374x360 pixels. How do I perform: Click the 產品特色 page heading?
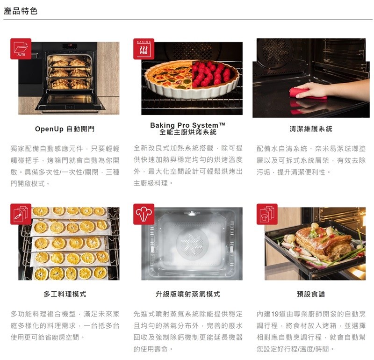(x=21, y=11)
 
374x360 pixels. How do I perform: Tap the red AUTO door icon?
(x=21, y=49)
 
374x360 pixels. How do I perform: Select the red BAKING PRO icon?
(x=144, y=49)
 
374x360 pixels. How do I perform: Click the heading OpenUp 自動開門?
(x=65, y=129)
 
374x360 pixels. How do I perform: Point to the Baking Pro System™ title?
(x=188, y=125)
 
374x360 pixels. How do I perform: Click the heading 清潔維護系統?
(x=311, y=129)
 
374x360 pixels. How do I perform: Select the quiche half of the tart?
(x=168, y=77)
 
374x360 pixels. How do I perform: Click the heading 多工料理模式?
(x=65, y=294)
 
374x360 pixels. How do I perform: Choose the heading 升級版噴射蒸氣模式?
(x=188, y=294)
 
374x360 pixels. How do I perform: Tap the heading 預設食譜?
(x=311, y=294)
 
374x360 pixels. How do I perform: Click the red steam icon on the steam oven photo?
(x=144, y=214)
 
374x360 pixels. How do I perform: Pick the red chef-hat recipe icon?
(x=267, y=214)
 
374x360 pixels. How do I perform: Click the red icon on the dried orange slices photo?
(x=21, y=214)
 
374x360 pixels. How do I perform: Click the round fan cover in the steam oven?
(x=192, y=243)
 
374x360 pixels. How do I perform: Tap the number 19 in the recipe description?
(x=275, y=314)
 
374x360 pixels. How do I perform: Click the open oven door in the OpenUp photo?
(x=70, y=102)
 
